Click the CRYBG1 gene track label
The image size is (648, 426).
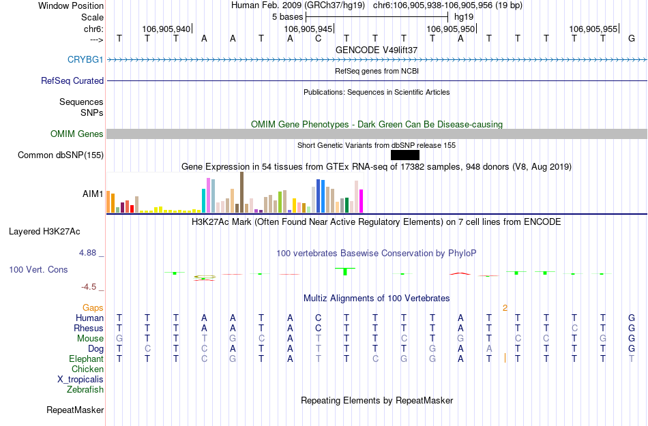tap(85, 60)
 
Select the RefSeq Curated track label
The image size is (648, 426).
tap(72, 80)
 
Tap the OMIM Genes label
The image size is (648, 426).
tap(76, 134)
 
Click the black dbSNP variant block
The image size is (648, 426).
tap(404, 155)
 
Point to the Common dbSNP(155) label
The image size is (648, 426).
tap(61, 155)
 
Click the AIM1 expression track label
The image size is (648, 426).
tap(93, 194)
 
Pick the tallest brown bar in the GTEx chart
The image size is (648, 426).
tap(241, 192)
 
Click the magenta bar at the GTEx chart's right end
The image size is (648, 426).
tap(362, 200)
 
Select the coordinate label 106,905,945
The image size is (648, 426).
tap(308, 29)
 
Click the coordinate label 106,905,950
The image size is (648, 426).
tap(450, 29)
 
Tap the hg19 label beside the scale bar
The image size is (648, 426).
tap(464, 16)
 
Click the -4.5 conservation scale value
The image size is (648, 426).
tap(91, 287)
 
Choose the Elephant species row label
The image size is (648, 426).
tap(86, 359)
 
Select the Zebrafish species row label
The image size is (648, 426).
tap(85, 390)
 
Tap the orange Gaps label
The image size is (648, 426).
tap(93, 308)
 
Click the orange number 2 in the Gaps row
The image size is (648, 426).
tap(505, 308)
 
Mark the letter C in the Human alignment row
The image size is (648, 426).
tap(318, 318)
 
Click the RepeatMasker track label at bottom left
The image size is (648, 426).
tap(75, 410)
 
